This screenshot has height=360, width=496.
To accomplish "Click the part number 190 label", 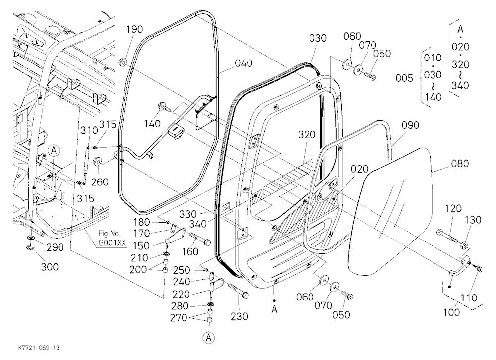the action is click(x=134, y=29).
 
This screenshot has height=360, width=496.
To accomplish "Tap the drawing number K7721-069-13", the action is click(x=39, y=348).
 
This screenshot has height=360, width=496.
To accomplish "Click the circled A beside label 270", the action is click(x=208, y=337).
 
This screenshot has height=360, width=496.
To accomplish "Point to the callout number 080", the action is click(x=460, y=164).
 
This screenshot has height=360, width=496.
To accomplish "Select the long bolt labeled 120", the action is click(x=446, y=236).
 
